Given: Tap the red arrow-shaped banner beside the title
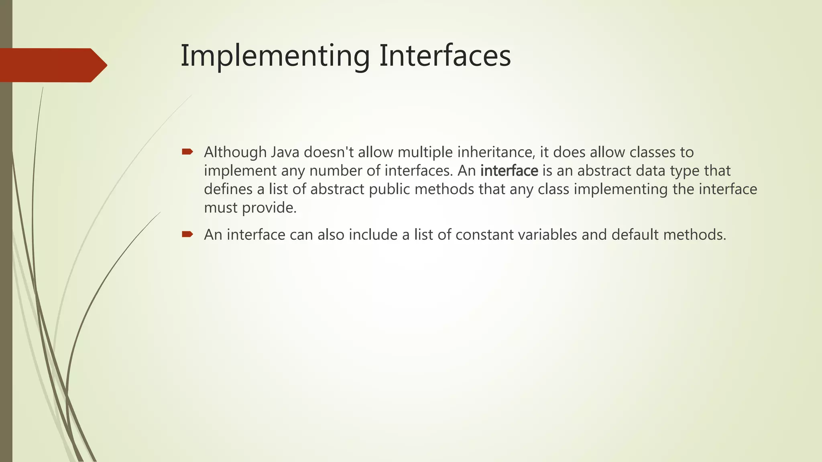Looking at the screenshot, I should [x=52, y=65].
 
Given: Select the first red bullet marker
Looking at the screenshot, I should [x=187, y=152].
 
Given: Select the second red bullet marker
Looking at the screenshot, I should [x=187, y=234].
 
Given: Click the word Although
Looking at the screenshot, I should [x=235, y=152].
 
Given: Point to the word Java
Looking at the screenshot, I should [x=285, y=152].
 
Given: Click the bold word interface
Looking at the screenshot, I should [x=509, y=171].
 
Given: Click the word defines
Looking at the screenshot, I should [x=228, y=189].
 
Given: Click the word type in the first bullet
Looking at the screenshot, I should [x=685, y=171].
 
